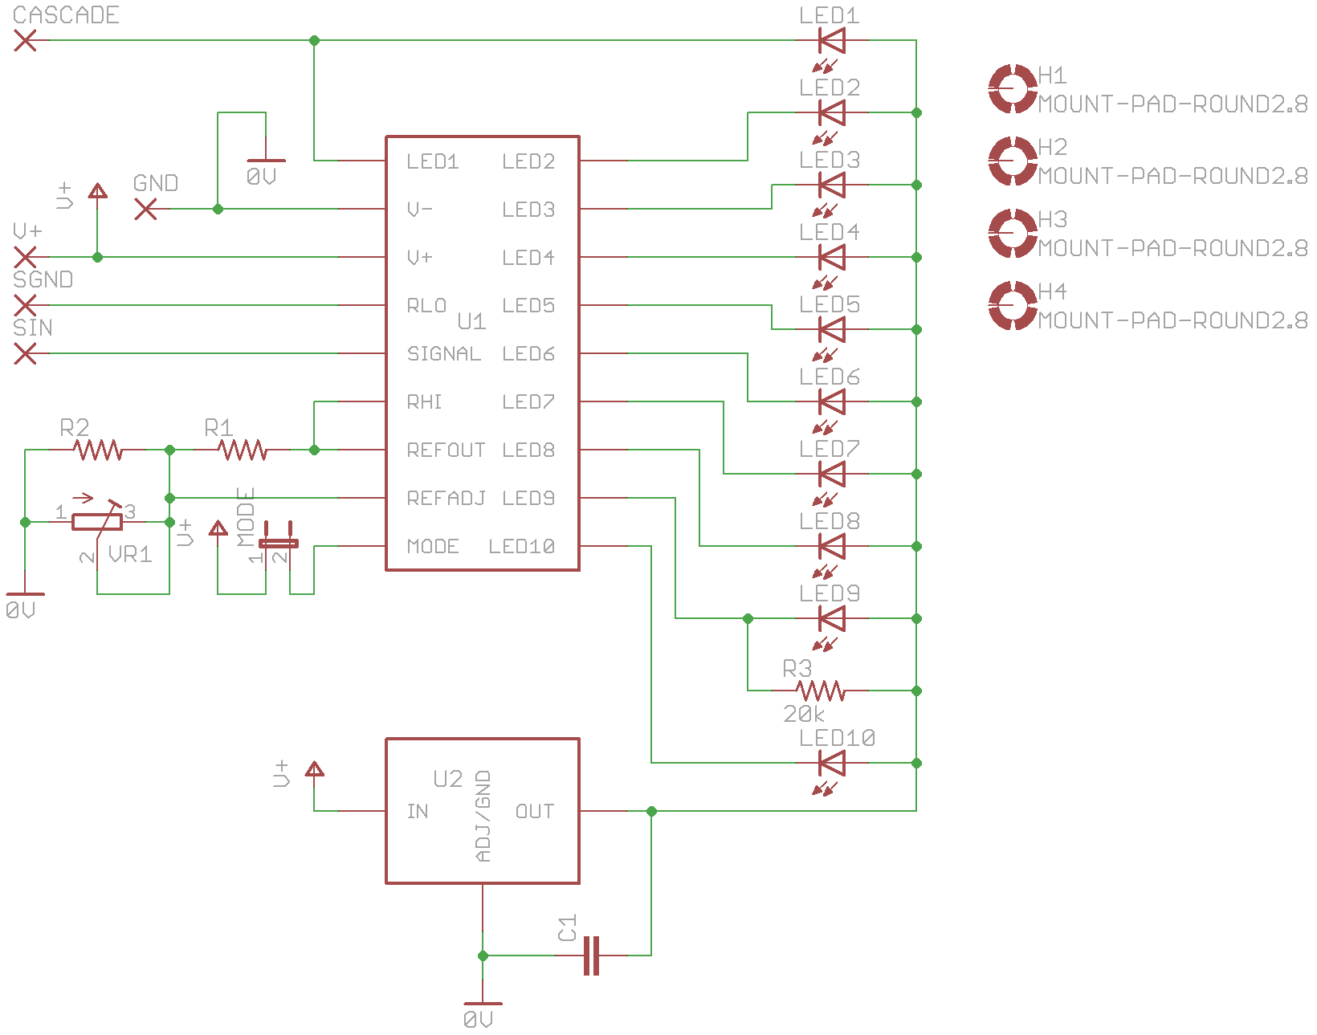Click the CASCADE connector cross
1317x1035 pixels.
(25, 40)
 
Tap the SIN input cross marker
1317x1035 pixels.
(25, 353)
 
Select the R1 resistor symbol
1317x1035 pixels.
(242, 450)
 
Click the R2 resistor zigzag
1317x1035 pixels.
(97, 450)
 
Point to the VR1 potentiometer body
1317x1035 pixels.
(97, 522)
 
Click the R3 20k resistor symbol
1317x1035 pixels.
(820, 691)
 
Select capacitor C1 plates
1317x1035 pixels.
(592, 956)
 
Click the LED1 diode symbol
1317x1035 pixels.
(831, 40)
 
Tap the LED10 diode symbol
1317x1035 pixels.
(831, 763)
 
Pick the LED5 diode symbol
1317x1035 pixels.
(831, 329)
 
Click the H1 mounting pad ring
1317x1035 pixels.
(1012, 88)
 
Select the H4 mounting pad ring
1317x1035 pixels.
(1012, 305)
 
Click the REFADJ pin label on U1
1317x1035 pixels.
(446, 499)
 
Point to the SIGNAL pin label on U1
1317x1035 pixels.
(443, 354)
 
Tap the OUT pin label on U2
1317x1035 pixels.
(535, 812)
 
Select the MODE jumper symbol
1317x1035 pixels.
(278, 542)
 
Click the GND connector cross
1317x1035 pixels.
(145, 209)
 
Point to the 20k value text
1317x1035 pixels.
(803, 714)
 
